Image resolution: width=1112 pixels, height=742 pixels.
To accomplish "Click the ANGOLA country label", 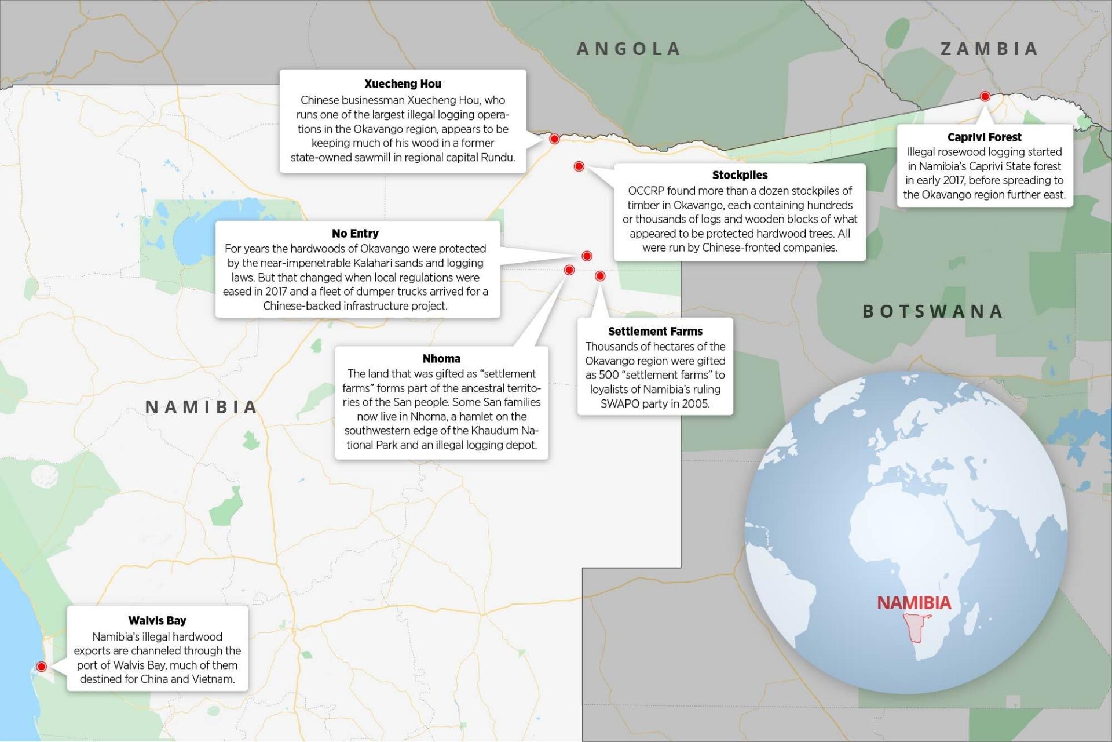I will point(628,49).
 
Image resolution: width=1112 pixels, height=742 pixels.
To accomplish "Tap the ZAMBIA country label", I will point(989,49).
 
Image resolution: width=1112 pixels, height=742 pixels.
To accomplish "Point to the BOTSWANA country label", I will point(932,311).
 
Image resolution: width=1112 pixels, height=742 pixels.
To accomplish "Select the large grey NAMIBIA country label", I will point(201,407).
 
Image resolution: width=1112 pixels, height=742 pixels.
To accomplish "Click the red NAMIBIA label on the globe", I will point(914,603).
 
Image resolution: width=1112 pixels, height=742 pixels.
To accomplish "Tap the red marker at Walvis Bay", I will point(41,667).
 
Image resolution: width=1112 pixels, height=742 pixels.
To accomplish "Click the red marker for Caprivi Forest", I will point(985,96).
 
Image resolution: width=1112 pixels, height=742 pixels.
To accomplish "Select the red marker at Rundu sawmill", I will point(554,139).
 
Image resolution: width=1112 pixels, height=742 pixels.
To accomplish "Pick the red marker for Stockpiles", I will point(579,166).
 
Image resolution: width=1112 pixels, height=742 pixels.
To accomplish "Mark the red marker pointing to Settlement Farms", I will point(600,276).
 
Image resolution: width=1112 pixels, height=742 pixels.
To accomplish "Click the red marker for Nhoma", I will point(569,270).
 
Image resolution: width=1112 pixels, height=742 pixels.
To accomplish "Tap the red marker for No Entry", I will point(587,256).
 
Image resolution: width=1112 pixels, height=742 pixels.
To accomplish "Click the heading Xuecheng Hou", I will point(403,84).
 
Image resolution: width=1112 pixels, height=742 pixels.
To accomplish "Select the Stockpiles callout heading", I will point(740,175).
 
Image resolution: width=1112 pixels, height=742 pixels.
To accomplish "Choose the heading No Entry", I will point(355,234).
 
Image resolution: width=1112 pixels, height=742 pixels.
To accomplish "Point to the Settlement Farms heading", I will point(655,332).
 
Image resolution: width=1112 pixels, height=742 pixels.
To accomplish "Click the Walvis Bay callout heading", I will point(157,621).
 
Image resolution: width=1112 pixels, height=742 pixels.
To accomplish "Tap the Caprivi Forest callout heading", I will point(984,137).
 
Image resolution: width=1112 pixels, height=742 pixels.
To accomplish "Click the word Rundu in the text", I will point(497,158).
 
